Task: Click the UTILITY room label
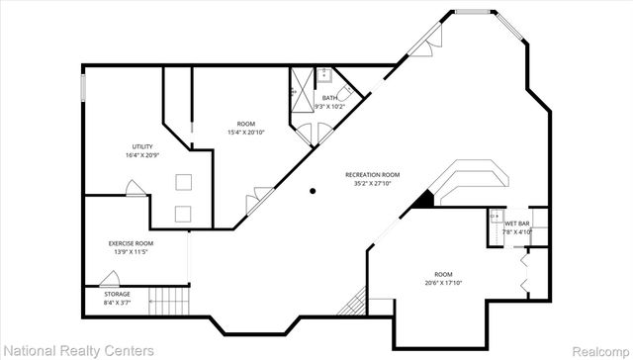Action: pos(142,146)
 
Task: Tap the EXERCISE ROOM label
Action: pos(131,242)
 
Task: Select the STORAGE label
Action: pos(117,294)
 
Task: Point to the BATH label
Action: pos(328,98)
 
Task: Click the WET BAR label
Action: pos(517,224)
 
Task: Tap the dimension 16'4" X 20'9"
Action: pos(142,155)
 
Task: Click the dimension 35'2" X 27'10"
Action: pos(368,184)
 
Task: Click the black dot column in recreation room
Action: pos(314,191)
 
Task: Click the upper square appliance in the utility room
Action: pos(183,181)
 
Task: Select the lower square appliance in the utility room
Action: pos(183,213)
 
